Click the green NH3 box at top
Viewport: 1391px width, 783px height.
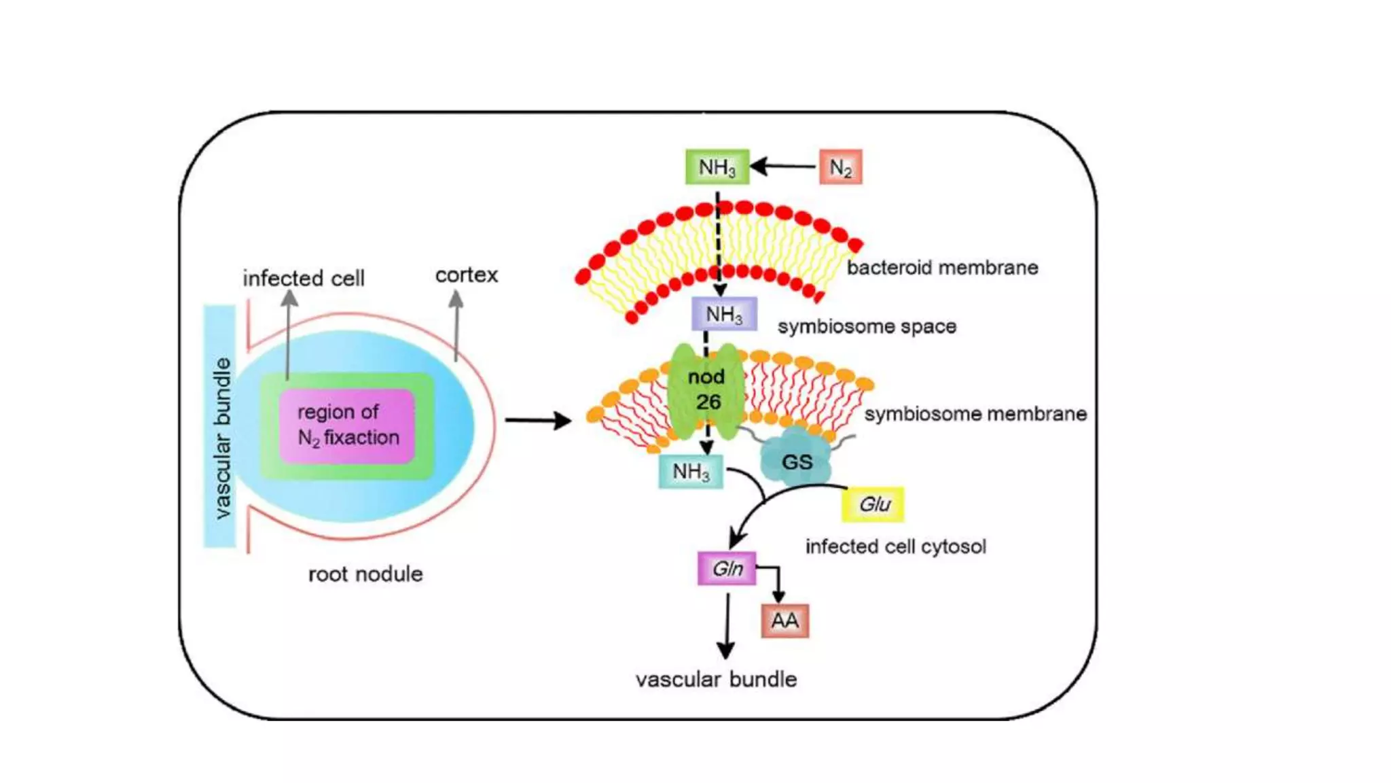pos(717,167)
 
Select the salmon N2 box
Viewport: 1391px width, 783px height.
pos(841,167)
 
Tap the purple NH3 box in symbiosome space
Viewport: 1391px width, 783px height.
pos(724,314)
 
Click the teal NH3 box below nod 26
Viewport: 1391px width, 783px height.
pos(691,471)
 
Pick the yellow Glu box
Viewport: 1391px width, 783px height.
pos(873,504)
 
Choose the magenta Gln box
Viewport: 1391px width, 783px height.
pos(727,568)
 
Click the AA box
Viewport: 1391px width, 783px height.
pos(785,621)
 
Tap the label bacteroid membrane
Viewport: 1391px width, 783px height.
pos(942,268)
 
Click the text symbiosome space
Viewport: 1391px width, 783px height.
pos(867,327)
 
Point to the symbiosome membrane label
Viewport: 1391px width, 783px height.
pos(975,414)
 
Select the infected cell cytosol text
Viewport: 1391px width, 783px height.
pos(895,546)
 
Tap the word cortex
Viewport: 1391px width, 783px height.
pos(467,275)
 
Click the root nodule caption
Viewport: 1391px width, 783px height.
pos(365,574)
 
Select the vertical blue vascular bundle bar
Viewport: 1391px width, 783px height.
pos(220,427)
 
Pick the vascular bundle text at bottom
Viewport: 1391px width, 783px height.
pos(716,680)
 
